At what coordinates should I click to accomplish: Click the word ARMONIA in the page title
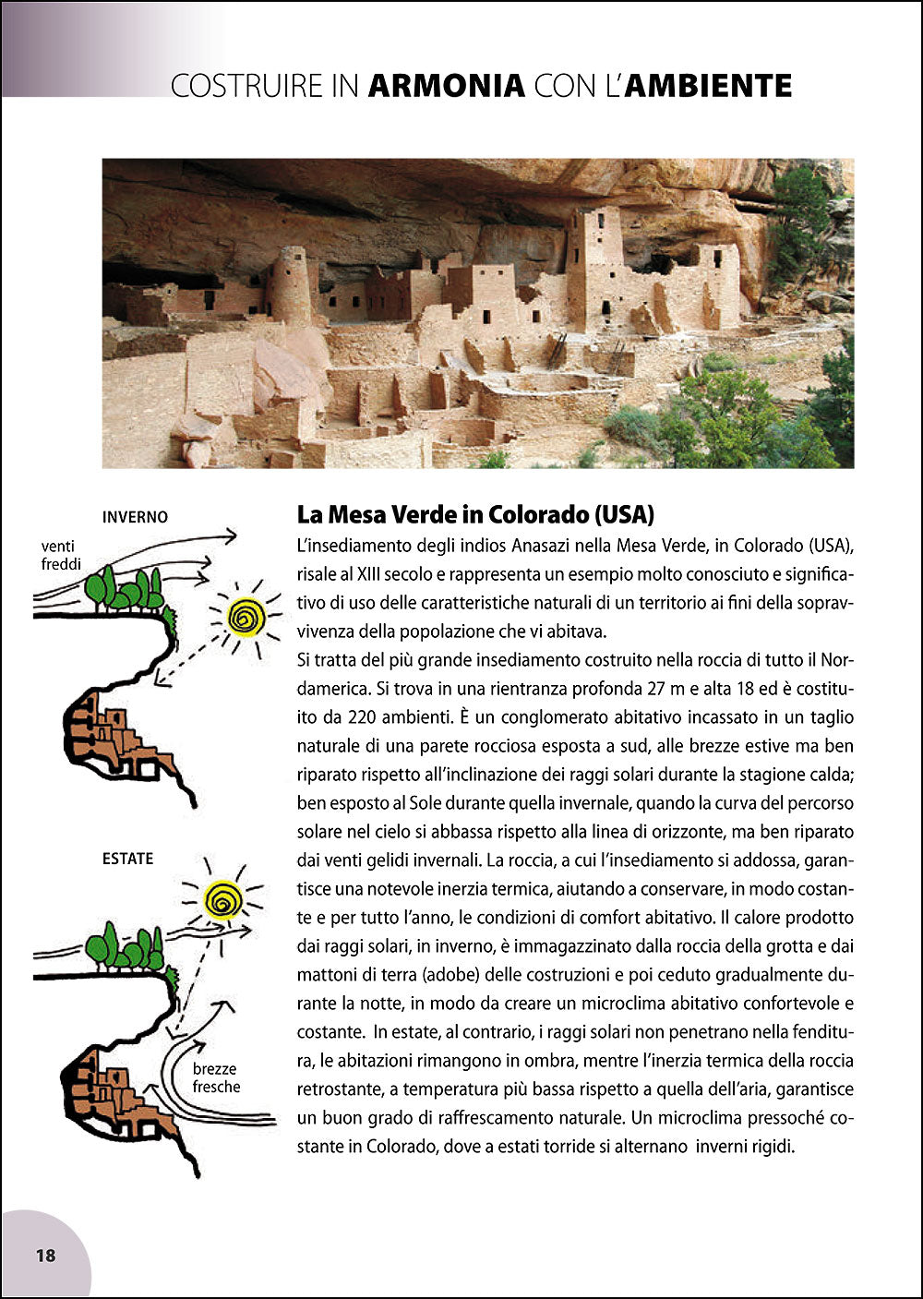pyautogui.click(x=447, y=86)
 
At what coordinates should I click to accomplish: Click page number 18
pyautogui.click(x=45, y=1256)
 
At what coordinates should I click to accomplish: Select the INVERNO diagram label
pyautogui.click(x=135, y=517)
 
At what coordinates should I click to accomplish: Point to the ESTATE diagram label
pyautogui.click(x=127, y=859)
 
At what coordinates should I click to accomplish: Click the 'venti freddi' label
pyautogui.click(x=61, y=555)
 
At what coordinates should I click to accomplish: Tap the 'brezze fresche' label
pyautogui.click(x=216, y=1078)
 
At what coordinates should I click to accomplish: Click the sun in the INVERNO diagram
pyautogui.click(x=246, y=617)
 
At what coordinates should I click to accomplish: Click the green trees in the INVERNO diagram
pyautogui.click(x=125, y=590)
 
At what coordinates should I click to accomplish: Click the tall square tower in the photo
pyautogui.click(x=593, y=268)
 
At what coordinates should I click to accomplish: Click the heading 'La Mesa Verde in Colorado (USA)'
pyautogui.click(x=475, y=514)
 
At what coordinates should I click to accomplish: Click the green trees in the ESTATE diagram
pyautogui.click(x=125, y=946)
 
